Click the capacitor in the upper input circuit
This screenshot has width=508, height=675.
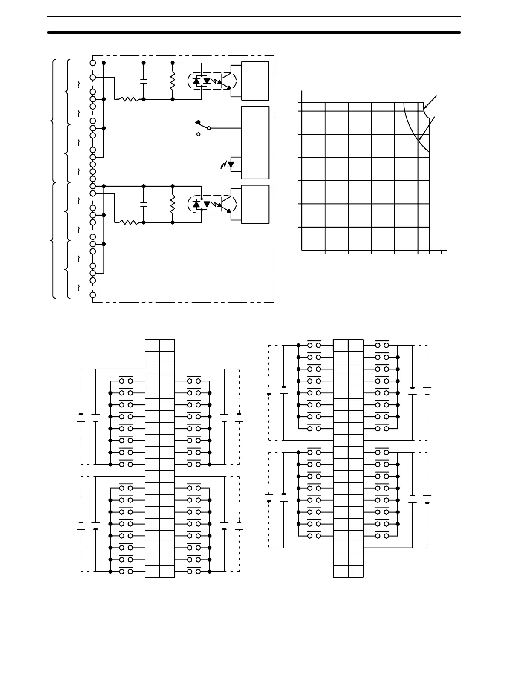click(x=144, y=81)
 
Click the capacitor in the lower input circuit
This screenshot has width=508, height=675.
click(x=144, y=204)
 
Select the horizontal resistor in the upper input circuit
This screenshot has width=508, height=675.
click(x=128, y=99)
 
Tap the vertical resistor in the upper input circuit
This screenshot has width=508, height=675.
click(x=173, y=81)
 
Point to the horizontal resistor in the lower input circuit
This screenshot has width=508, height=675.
click(x=128, y=222)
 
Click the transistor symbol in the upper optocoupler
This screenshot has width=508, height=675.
click(x=225, y=81)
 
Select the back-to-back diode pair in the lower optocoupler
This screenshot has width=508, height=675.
click(x=202, y=204)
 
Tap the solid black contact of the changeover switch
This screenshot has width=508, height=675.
click(x=198, y=122)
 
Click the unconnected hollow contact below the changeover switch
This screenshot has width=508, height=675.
click(x=198, y=134)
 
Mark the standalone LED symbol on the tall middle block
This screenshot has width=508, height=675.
click(x=231, y=164)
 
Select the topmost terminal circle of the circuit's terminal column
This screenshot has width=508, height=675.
click(x=93, y=63)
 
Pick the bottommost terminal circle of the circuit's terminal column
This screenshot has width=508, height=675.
click(x=93, y=294)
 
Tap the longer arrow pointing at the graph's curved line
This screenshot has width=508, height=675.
click(x=427, y=128)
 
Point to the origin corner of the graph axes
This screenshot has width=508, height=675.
click(x=302, y=250)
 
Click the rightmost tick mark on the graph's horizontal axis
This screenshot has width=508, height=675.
click(x=441, y=252)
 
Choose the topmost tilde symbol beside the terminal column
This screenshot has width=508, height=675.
click(x=78, y=84)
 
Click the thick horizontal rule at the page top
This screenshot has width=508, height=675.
click(x=254, y=32)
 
